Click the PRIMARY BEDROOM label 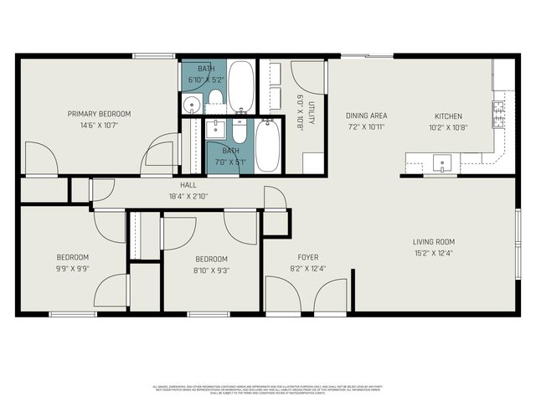coord(100,113)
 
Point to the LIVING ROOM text coord(434,242)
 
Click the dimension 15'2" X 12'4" coord(434,253)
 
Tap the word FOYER coord(308,257)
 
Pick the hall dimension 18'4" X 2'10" coord(188,196)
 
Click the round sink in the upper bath coord(192,105)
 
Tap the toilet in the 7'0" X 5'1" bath coord(240,132)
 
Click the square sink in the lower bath coord(215,128)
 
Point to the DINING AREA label coord(366,116)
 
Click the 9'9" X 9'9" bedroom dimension coord(73,269)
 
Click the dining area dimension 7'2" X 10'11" coord(366,127)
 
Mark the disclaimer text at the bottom coord(268,389)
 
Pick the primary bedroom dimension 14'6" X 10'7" coord(100,126)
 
